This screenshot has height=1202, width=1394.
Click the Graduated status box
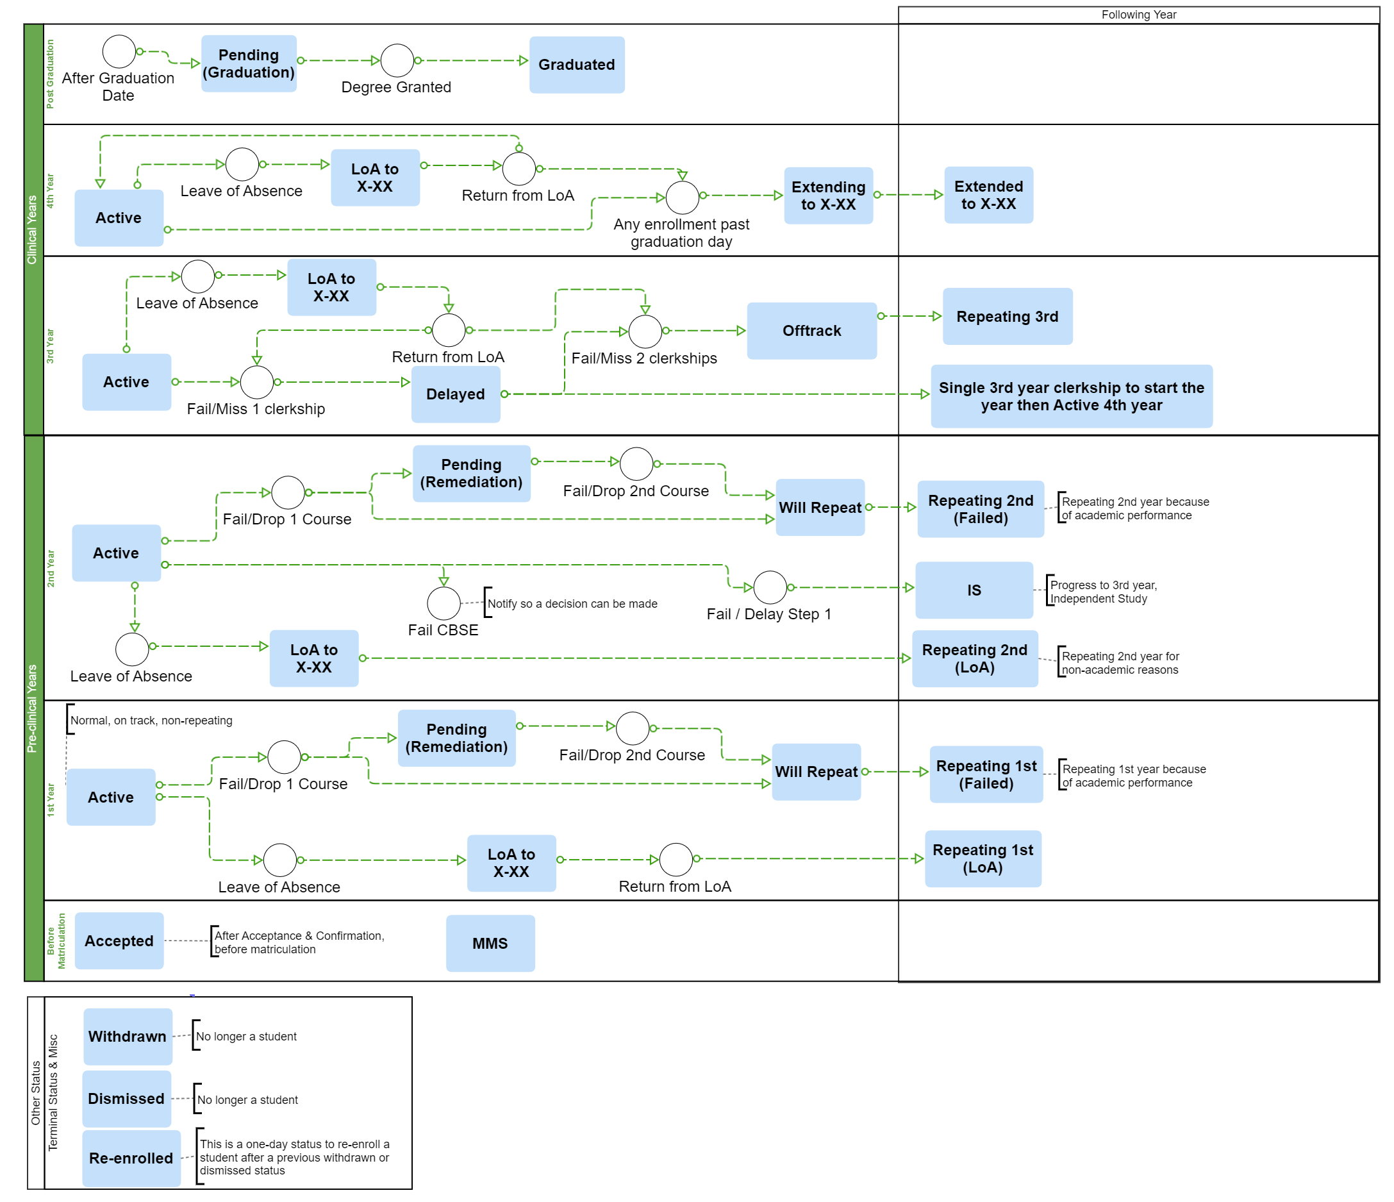577,65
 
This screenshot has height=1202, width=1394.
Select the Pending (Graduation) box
249,63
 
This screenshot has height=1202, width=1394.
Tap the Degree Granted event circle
397,60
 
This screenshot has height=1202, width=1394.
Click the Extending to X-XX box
828,196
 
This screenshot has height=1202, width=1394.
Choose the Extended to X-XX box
988,195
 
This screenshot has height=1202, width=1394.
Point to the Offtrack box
811,331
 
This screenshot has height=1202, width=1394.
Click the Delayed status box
456,394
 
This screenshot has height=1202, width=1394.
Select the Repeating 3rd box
1007,317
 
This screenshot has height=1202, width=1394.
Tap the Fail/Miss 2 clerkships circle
645,331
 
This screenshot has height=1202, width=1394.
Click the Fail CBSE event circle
444,603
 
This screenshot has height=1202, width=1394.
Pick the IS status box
974,590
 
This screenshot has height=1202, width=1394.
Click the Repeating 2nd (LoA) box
975,659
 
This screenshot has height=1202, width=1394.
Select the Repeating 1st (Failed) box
986,774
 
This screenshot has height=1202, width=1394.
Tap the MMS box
490,944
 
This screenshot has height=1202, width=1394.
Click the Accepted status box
119,941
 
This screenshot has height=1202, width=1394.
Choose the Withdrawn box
127,1037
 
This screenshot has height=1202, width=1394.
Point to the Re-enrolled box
131,1158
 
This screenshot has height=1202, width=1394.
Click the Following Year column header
1138,15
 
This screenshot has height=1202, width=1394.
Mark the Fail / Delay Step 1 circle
770,588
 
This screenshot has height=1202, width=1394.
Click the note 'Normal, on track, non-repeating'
151,721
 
